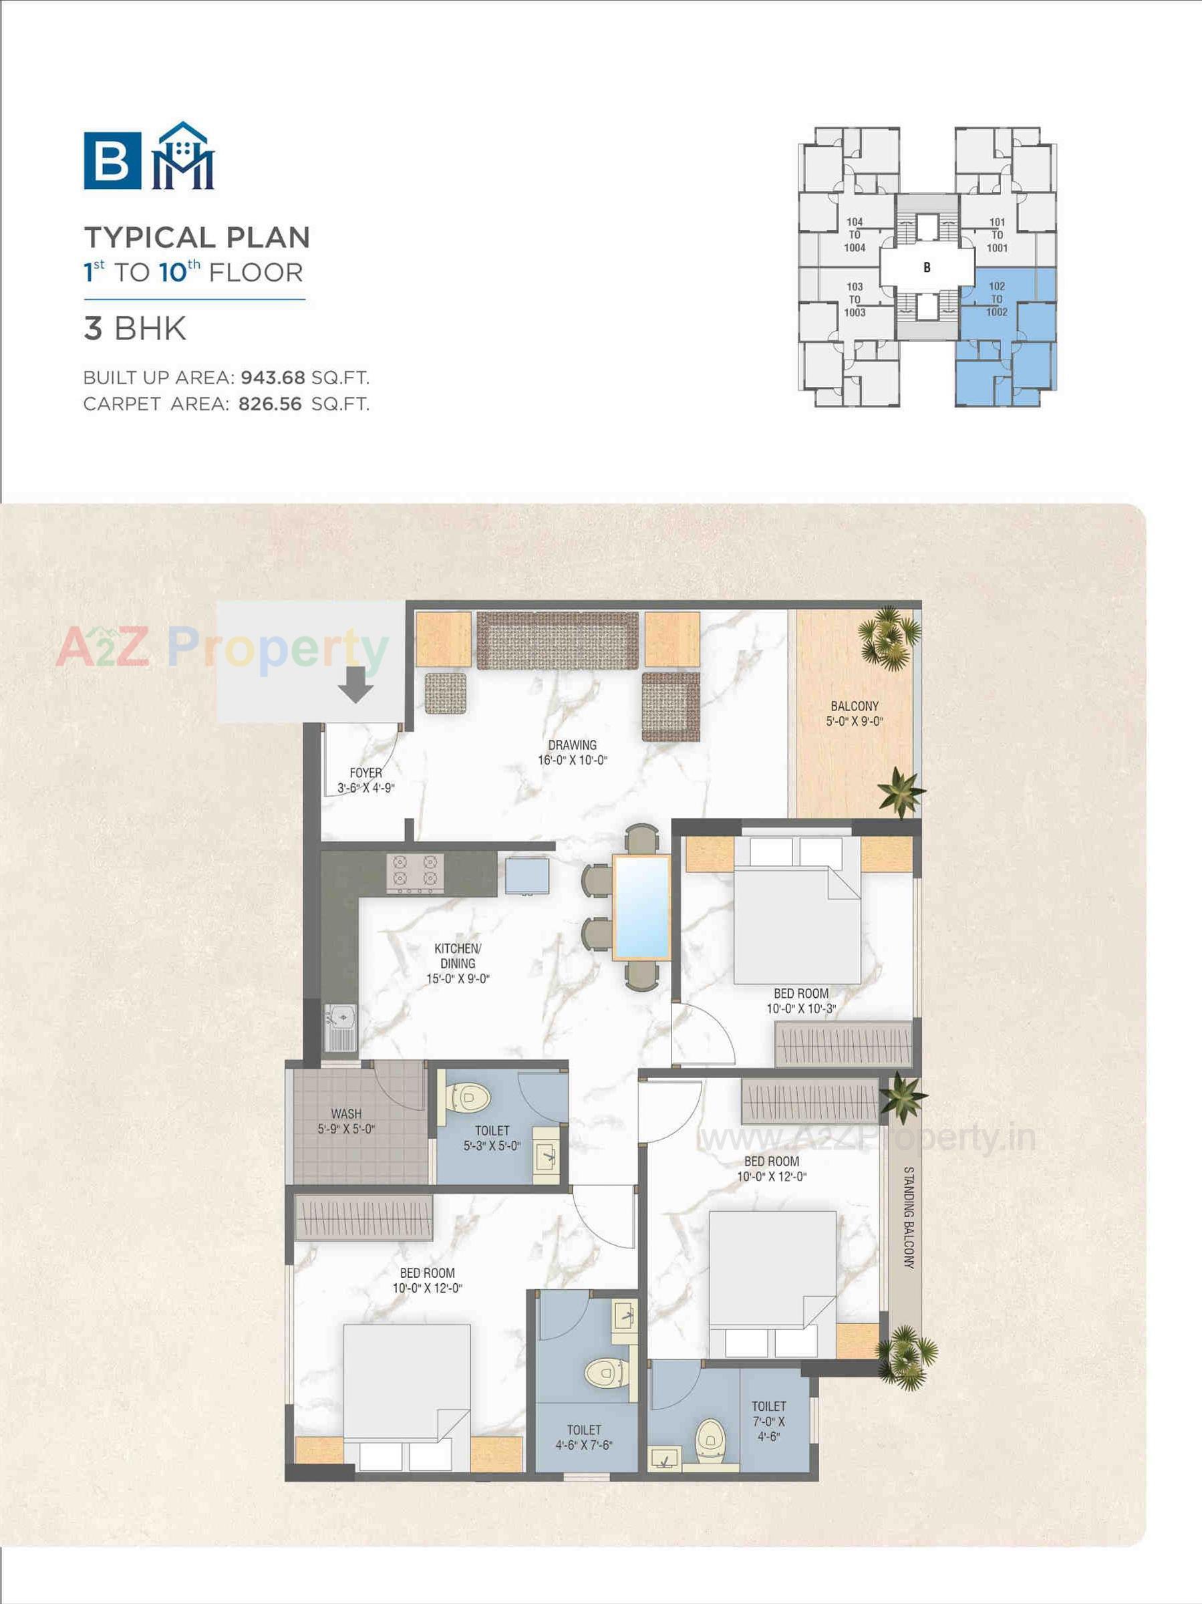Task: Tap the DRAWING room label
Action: click(x=572, y=752)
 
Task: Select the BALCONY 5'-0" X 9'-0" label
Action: click(x=855, y=714)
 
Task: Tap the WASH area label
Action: click(x=346, y=1121)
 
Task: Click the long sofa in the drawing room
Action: click(x=557, y=640)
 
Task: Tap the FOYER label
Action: click(x=365, y=780)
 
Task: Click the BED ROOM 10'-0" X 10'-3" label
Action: click(x=801, y=1000)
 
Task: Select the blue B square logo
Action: click(x=112, y=160)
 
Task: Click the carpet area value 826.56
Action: click(x=270, y=404)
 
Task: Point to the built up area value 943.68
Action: click(x=273, y=378)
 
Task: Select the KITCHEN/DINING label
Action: click(x=458, y=963)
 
